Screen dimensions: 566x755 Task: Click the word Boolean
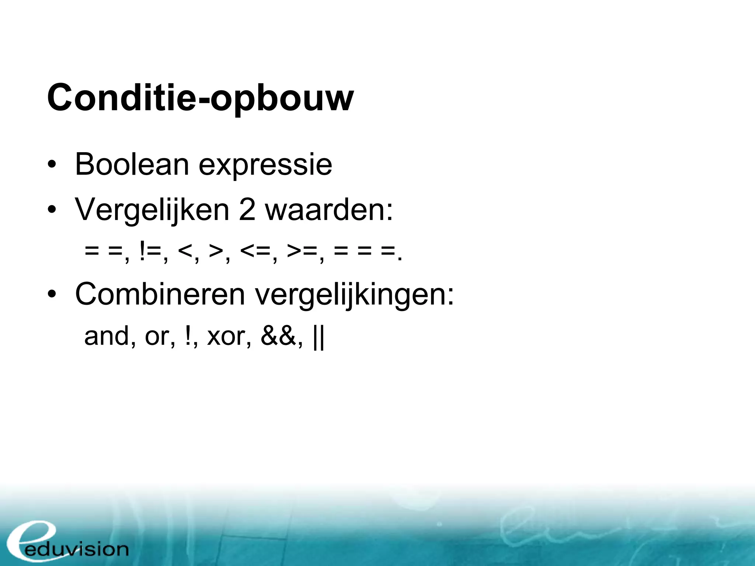132,164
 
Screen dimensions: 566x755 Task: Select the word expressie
265,166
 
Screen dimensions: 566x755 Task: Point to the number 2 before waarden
247,210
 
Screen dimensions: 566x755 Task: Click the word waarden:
329,210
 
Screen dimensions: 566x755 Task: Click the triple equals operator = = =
365,251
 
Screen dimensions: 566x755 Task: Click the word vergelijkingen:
355,296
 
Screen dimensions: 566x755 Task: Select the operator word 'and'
108,336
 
